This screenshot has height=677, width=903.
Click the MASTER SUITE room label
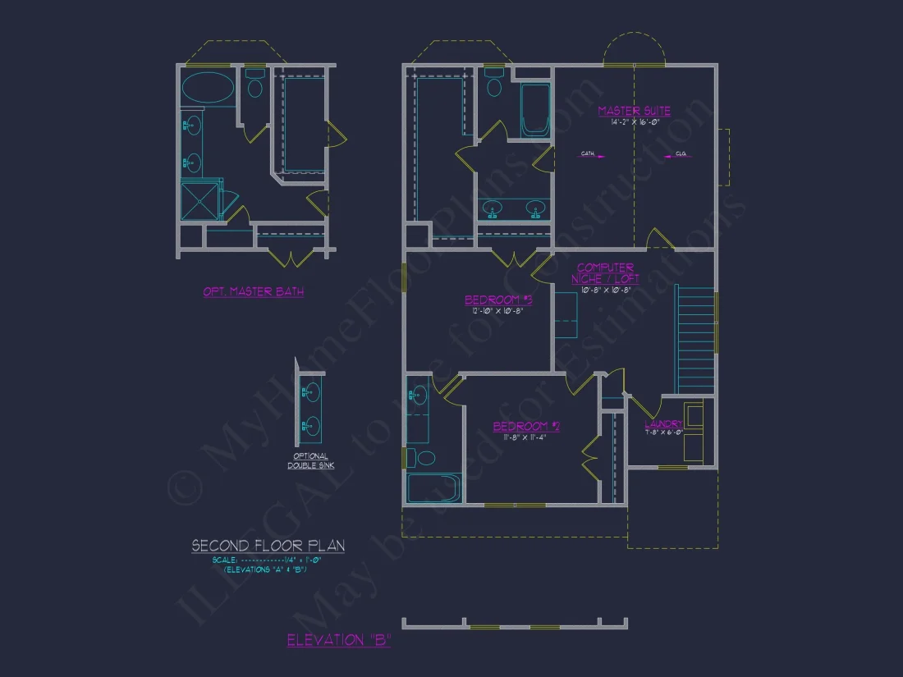click(634, 111)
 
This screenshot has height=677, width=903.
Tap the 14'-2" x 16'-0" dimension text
click(634, 122)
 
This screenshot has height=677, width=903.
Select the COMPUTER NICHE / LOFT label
click(605, 273)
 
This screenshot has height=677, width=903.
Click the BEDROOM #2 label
click(525, 427)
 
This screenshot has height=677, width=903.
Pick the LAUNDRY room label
click(663, 424)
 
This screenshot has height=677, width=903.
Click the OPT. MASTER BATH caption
click(254, 291)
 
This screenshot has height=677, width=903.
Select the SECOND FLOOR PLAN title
click(268, 546)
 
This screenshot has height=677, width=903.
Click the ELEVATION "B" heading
click(338, 641)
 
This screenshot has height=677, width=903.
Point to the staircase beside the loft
click(694, 339)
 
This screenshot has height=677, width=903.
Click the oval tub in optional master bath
click(207, 88)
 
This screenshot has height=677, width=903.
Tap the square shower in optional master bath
click(200, 201)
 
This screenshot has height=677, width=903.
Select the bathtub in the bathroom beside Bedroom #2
click(434, 487)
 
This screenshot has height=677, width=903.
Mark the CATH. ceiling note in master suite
click(589, 153)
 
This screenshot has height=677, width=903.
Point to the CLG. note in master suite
click(681, 153)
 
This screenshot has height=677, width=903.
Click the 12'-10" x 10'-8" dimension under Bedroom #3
click(498, 311)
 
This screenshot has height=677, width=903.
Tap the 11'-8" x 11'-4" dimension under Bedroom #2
click(525, 437)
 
